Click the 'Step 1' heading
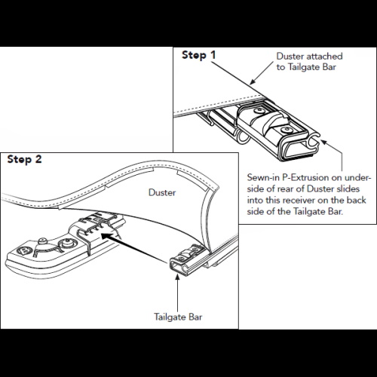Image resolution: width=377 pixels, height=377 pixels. pos(198,55)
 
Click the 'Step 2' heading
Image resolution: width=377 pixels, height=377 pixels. pos(24,159)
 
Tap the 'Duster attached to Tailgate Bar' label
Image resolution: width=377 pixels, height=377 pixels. pos(309,62)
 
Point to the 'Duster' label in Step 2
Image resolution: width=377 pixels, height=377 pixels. pos(162,192)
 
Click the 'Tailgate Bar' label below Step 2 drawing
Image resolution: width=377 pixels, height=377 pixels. pos(178,317)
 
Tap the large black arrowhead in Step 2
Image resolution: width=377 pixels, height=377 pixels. pos(107,236)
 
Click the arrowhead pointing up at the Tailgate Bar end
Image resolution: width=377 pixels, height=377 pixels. pos(177,277)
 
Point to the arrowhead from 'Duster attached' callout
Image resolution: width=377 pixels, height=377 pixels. pos(253,81)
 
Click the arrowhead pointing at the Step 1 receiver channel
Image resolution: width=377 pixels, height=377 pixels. pos(324,143)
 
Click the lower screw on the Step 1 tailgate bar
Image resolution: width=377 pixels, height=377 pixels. pos(287,130)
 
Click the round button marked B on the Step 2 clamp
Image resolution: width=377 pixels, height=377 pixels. pos(24,251)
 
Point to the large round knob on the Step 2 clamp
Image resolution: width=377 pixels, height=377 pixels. pos(68,243)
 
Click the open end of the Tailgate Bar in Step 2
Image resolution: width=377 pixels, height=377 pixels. pos(179,268)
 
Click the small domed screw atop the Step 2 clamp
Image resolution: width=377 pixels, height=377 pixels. pos(43,241)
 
